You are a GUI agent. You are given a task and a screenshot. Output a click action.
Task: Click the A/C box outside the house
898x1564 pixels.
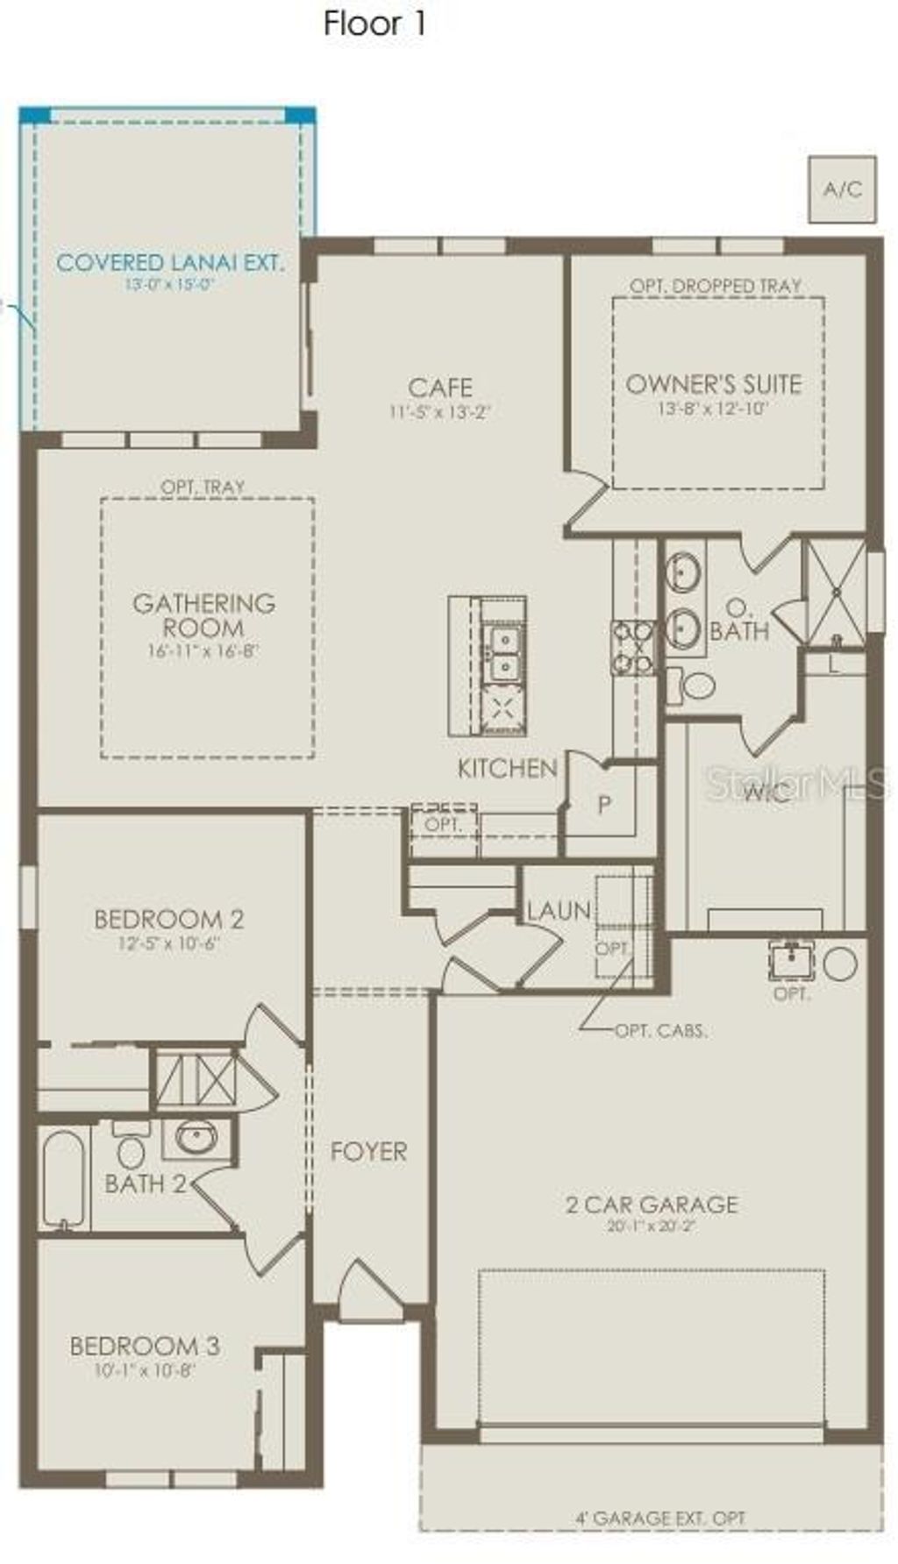[x=841, y=188]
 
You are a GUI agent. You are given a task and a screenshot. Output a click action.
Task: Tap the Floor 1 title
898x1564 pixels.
[x=374, y=24]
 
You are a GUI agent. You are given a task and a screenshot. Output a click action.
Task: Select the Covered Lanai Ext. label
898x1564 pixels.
[x=170, y=262]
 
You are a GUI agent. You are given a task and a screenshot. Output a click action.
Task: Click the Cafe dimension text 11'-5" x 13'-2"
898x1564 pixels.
[x=438, y=411]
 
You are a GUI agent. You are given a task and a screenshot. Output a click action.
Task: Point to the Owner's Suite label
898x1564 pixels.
[x=713, y=384]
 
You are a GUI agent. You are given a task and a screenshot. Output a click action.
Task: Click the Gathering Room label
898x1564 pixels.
[x=203, y=615]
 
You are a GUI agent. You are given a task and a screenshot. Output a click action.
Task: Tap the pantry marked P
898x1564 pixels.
[x=604, y=804]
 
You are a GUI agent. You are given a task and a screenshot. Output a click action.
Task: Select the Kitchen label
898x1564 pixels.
[x=507, y=768]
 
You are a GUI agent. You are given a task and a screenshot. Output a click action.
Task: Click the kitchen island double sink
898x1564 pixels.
[x=503, y=652]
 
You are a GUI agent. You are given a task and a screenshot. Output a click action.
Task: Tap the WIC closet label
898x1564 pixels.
[x=767, y=793]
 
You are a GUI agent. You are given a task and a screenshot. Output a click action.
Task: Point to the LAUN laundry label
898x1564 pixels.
[x=558, y=911]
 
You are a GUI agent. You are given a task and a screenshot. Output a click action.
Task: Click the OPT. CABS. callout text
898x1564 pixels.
[x=660, y=1031]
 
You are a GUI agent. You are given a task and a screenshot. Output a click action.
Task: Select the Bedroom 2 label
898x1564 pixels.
[x=168, y=919]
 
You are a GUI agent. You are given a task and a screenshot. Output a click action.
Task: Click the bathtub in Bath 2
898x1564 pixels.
[x=63, y=1178]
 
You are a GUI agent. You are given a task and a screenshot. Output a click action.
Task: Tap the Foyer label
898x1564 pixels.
[x=368, y=1151]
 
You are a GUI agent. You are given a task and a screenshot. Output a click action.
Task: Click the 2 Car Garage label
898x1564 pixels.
[x=652, y=1204]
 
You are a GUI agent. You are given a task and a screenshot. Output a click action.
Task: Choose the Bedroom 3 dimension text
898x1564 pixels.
[x=145, y=1369]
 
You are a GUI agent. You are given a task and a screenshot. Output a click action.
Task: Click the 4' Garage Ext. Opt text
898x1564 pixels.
[x=660, y=1518]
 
